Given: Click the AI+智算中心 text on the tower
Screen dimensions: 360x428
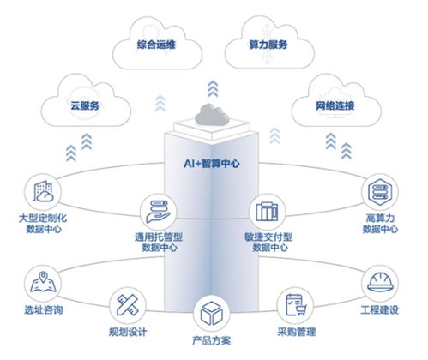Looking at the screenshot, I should (x=212, y=160).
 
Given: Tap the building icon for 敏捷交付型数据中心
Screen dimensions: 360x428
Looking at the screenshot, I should (x=265, y=209).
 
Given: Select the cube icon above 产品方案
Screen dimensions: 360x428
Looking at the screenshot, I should (x=211, y=310).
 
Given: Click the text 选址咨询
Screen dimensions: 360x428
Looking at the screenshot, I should (x=39, y=308).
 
